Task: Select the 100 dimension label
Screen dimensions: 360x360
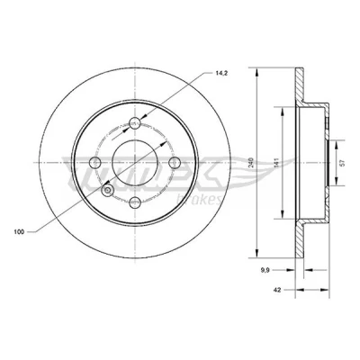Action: tap(19, 232)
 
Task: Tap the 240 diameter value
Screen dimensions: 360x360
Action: tap(252, 162)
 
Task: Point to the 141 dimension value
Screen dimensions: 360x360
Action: tap(277, 162)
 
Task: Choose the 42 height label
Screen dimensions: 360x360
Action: tap(277, 290)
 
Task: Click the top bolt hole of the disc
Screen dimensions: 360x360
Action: tap(135, 122)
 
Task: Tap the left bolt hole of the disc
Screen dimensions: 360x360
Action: tap(95, 163)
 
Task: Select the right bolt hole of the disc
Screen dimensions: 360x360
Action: tap(175, 163)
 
